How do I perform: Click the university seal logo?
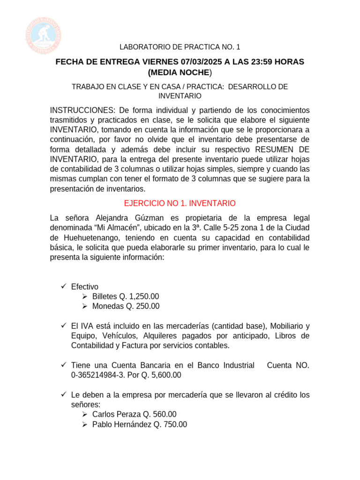44,33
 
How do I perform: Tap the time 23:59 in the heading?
258,62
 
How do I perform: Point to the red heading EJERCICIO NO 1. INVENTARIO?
180,203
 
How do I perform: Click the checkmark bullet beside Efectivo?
64,286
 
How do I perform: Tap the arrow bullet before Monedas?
84,306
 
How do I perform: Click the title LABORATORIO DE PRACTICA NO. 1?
180,47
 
